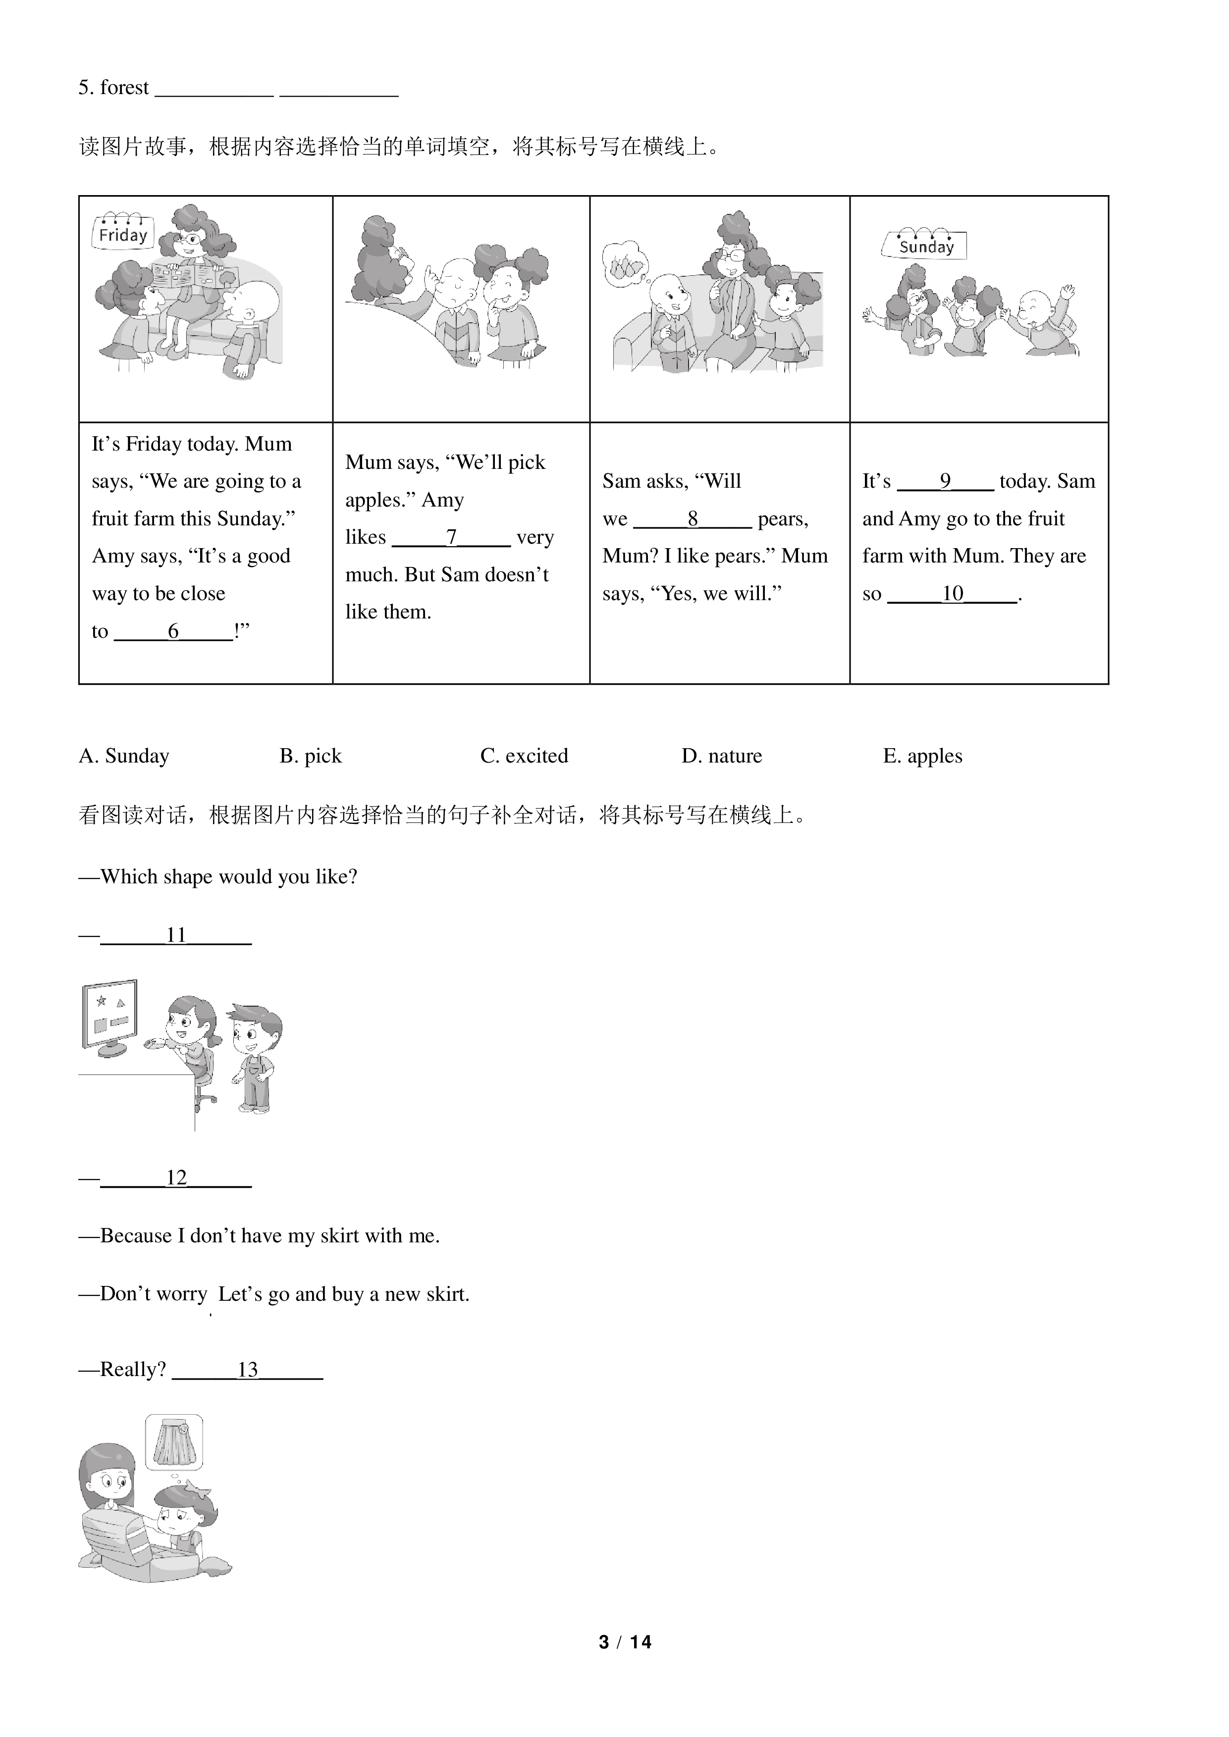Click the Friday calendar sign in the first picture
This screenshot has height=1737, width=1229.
coord(122,232)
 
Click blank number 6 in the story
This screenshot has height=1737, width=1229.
coord(173,632)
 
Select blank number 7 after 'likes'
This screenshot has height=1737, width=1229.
coord(451,538)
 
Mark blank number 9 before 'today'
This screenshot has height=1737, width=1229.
coord(945,482)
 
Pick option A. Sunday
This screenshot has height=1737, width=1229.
coord(124,756)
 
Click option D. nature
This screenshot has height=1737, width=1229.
coord(722,756)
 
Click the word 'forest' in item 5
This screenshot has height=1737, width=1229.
coord(125,88)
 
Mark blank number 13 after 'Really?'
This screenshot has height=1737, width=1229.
coord(248,1370)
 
